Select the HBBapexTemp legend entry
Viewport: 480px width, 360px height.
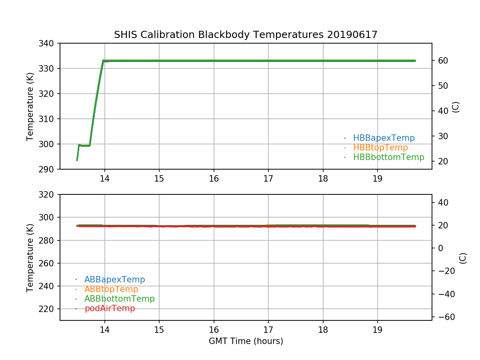(384, 138)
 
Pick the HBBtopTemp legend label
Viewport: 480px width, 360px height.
(380, 148)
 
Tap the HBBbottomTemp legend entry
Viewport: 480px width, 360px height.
(388, 157)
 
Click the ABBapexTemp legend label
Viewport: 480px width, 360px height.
(114, 280)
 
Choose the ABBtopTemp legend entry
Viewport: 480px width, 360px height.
(111, 289)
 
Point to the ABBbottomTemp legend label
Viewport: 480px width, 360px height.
(119, 299)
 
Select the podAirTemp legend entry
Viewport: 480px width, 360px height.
(110, 308)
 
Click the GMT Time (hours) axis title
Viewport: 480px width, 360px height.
(246, 341)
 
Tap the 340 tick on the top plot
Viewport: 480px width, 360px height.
(49, 43)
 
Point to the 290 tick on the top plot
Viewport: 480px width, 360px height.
(49, 169)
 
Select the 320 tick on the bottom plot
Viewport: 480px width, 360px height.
(49, 195)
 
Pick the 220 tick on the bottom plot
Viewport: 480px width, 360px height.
(49, 309)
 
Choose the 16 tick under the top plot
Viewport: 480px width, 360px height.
(214, 179)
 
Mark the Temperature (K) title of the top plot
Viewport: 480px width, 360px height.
(30, 106)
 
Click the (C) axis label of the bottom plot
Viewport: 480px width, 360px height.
(463, 258)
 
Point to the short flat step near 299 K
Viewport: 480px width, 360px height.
(84, 145)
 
